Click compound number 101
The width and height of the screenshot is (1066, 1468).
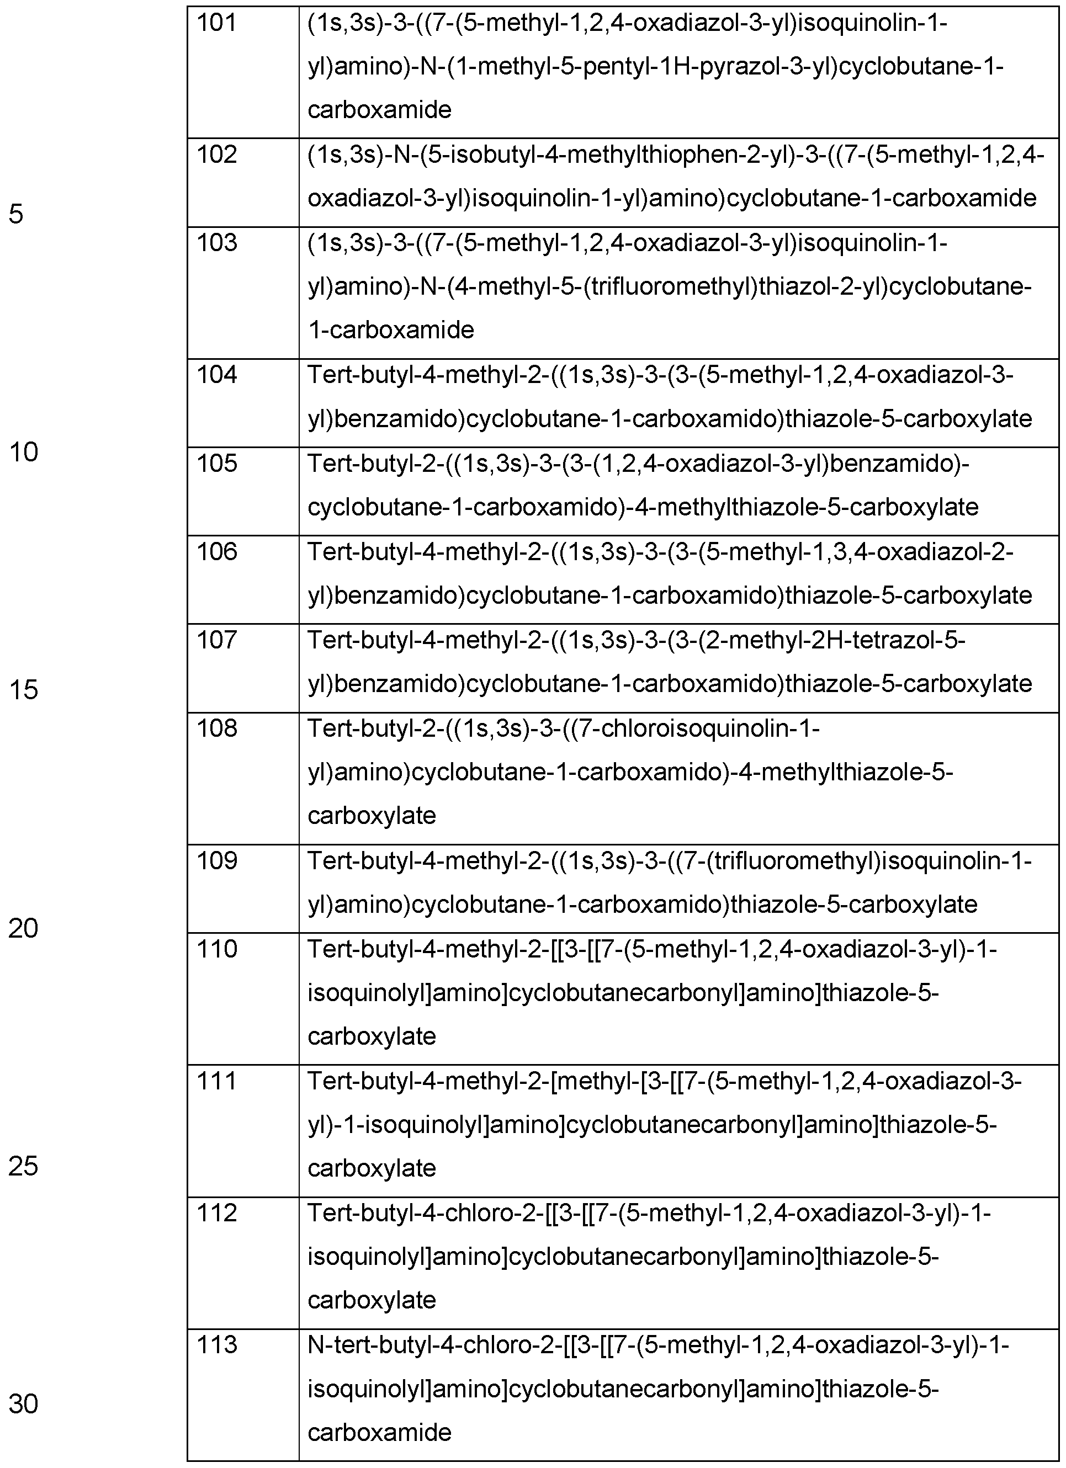[x=216, y=24]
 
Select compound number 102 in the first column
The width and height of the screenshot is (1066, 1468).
[x=216, y=155]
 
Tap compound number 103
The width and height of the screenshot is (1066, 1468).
[x=216, y=243]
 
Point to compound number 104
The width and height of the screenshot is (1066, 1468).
[x=216, y=375]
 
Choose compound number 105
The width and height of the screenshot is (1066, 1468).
[x=216, y=464]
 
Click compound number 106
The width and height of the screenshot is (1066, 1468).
[x=216, y=551]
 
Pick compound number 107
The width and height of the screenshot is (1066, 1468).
[x=216, y=640]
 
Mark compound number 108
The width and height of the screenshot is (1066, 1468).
[x=216, y=729]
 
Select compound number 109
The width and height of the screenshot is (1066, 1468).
[x=216, y=861]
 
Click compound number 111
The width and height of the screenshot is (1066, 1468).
[x=216, y=1082]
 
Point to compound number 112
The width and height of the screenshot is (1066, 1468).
[x=216, y=1214]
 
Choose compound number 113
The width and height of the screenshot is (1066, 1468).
[x=216, y=1345]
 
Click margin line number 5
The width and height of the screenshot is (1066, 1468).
[x=16, y=214]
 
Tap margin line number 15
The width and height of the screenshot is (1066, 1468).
[x=23, y=690]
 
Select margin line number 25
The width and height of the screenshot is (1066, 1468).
[x=23, y=1166]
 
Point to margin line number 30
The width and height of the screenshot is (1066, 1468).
[x=23, y=1405]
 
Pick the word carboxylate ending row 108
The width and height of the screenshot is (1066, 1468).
[x=372, y=816]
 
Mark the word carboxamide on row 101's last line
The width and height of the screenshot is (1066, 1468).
[x=379, y=110]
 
